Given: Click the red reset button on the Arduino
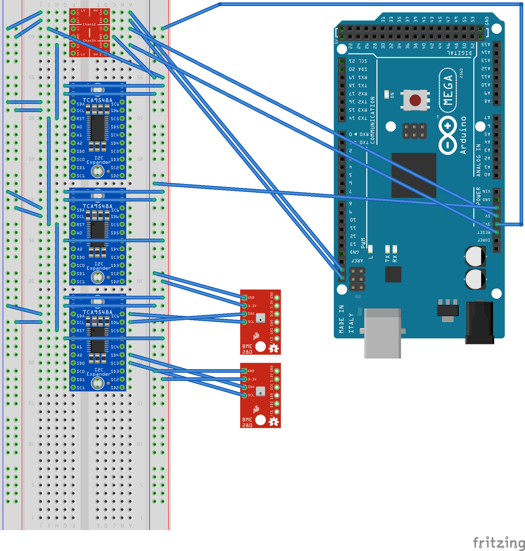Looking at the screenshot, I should click(415, 100).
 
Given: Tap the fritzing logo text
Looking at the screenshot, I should click(498, 543).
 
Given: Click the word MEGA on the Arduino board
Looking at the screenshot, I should click(448, 90).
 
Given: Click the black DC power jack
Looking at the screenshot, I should click(480, 323).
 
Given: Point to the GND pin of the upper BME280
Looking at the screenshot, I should click(244, 298).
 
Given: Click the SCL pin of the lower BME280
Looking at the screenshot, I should click(244, 395).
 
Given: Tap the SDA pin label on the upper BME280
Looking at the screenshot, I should click(251, 314).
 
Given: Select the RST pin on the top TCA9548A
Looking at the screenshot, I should click(73, 118).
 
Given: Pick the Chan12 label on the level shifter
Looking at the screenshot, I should click(89, 24).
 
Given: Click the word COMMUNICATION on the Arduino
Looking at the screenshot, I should click(373, 120).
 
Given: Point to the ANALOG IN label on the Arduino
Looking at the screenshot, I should click(478, 160).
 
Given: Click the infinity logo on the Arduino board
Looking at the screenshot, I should click(448, 135).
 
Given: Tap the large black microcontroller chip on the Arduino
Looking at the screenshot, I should click(414, 175).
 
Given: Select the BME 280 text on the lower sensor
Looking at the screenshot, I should click(247, 422).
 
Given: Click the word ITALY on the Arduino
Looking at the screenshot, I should click(351, 323).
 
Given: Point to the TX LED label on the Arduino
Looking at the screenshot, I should click(387, 258).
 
